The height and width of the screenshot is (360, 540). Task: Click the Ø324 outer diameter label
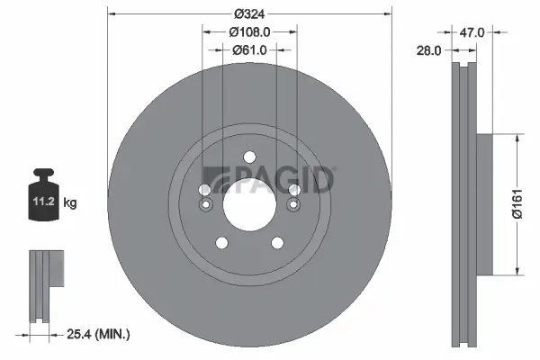point(249,13)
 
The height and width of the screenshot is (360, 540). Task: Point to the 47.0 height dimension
point(472,31)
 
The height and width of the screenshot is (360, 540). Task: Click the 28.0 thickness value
point(429,51)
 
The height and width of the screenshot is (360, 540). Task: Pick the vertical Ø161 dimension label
point(517,205)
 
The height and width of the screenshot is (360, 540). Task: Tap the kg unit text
point(70,203)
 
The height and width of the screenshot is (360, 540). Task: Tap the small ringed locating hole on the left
point(205,206)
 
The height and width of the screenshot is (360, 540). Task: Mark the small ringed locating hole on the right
point(292,206)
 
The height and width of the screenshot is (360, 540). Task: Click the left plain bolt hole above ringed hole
point(204,191)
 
